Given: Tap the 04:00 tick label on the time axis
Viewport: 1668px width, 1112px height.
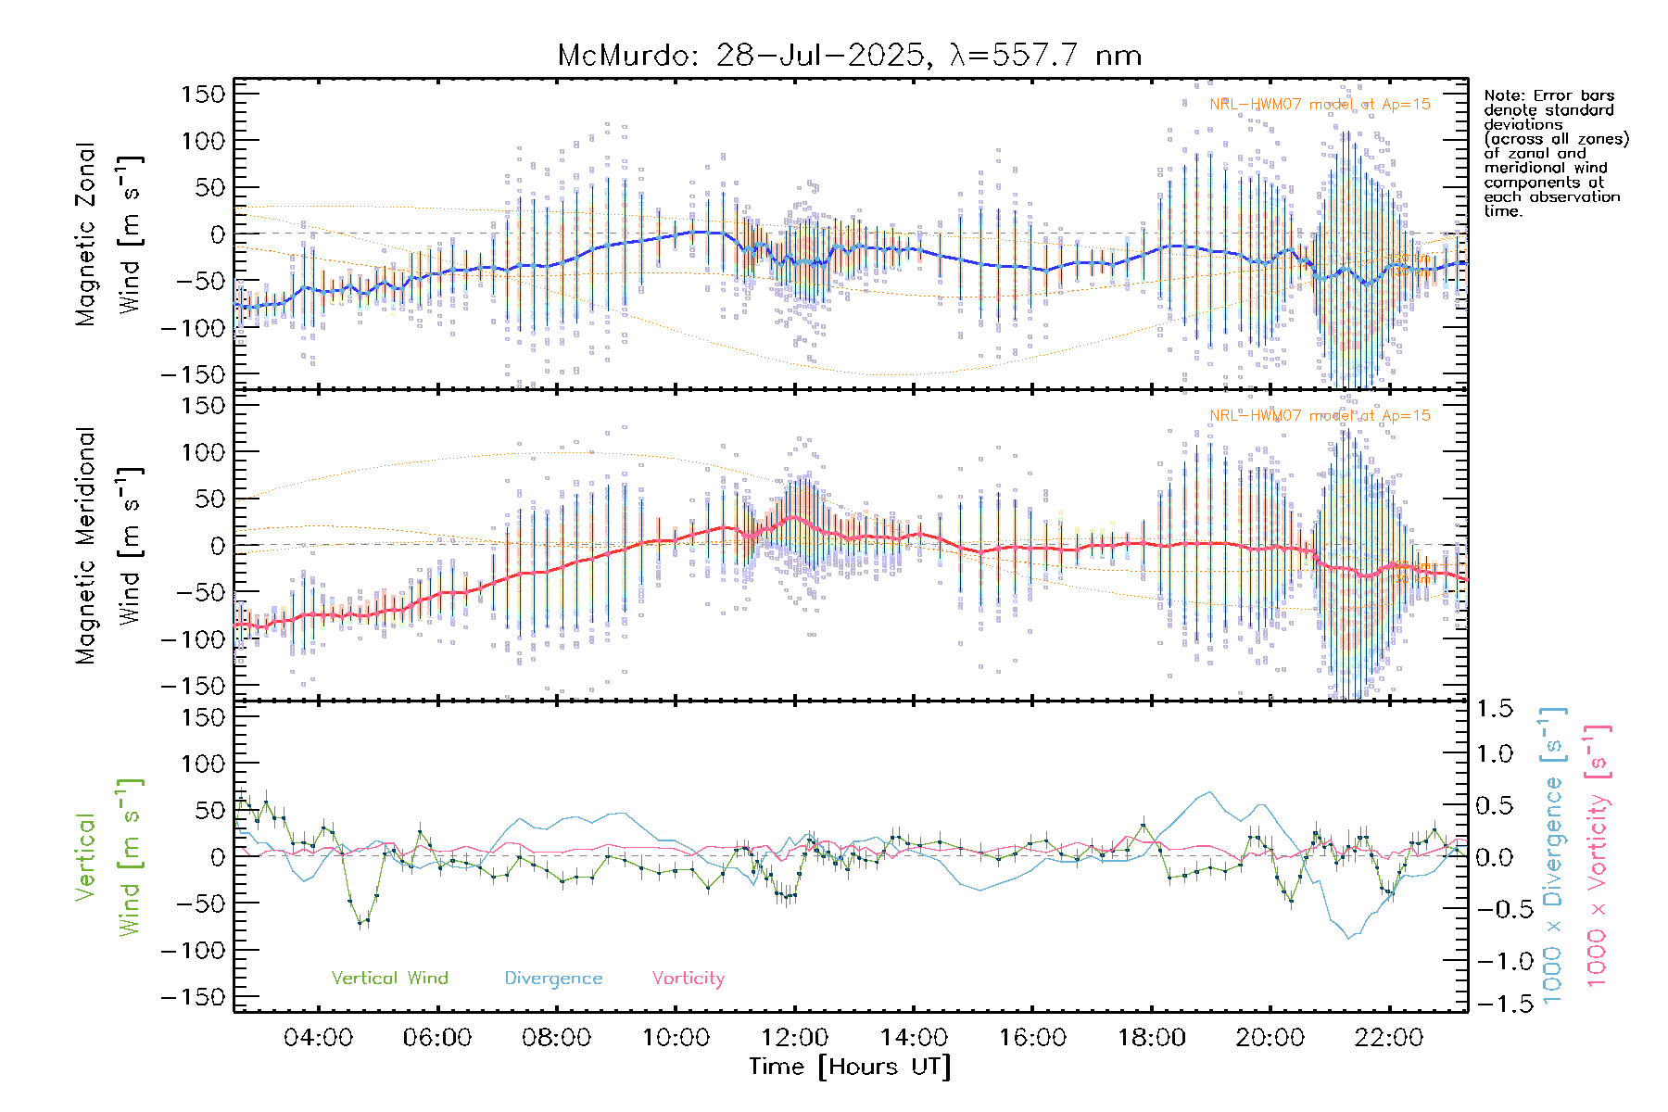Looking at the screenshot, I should point(318,1038).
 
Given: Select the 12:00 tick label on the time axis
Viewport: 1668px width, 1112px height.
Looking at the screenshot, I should point(794,1038).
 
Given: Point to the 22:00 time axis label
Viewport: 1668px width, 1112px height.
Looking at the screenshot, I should point(1388,1038).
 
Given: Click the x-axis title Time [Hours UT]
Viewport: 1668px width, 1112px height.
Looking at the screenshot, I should point(850,1067).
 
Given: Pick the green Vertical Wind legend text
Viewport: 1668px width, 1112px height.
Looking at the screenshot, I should point(389,979).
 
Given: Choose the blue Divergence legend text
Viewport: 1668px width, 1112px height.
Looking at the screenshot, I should point(553,979).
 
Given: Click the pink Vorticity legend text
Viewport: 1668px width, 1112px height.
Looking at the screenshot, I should point(688,979).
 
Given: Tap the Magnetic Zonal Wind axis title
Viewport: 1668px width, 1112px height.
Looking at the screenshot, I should point(109,234).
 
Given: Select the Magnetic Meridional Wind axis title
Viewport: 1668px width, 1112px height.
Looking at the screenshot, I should point(109,545).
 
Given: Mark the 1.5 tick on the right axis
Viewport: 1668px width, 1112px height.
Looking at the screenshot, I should point(1494,709).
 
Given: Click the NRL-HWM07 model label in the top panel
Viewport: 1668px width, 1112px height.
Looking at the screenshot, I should point(1319,105).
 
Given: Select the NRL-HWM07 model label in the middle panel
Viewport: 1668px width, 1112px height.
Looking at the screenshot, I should point(1319,416).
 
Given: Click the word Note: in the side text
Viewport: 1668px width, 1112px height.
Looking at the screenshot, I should point(1504,95).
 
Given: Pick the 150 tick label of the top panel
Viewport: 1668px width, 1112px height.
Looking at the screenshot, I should point(204,94).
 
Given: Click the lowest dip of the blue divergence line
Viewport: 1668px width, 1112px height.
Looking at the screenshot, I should point(1349,938).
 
